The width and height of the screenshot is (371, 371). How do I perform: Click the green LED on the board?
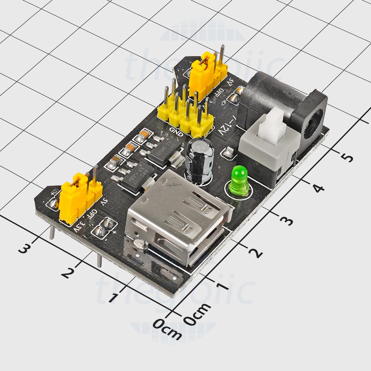point(239,181)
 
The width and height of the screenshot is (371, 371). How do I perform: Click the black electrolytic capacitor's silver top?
point(200,144)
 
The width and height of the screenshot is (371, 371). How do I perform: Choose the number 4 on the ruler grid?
point(318,188)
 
